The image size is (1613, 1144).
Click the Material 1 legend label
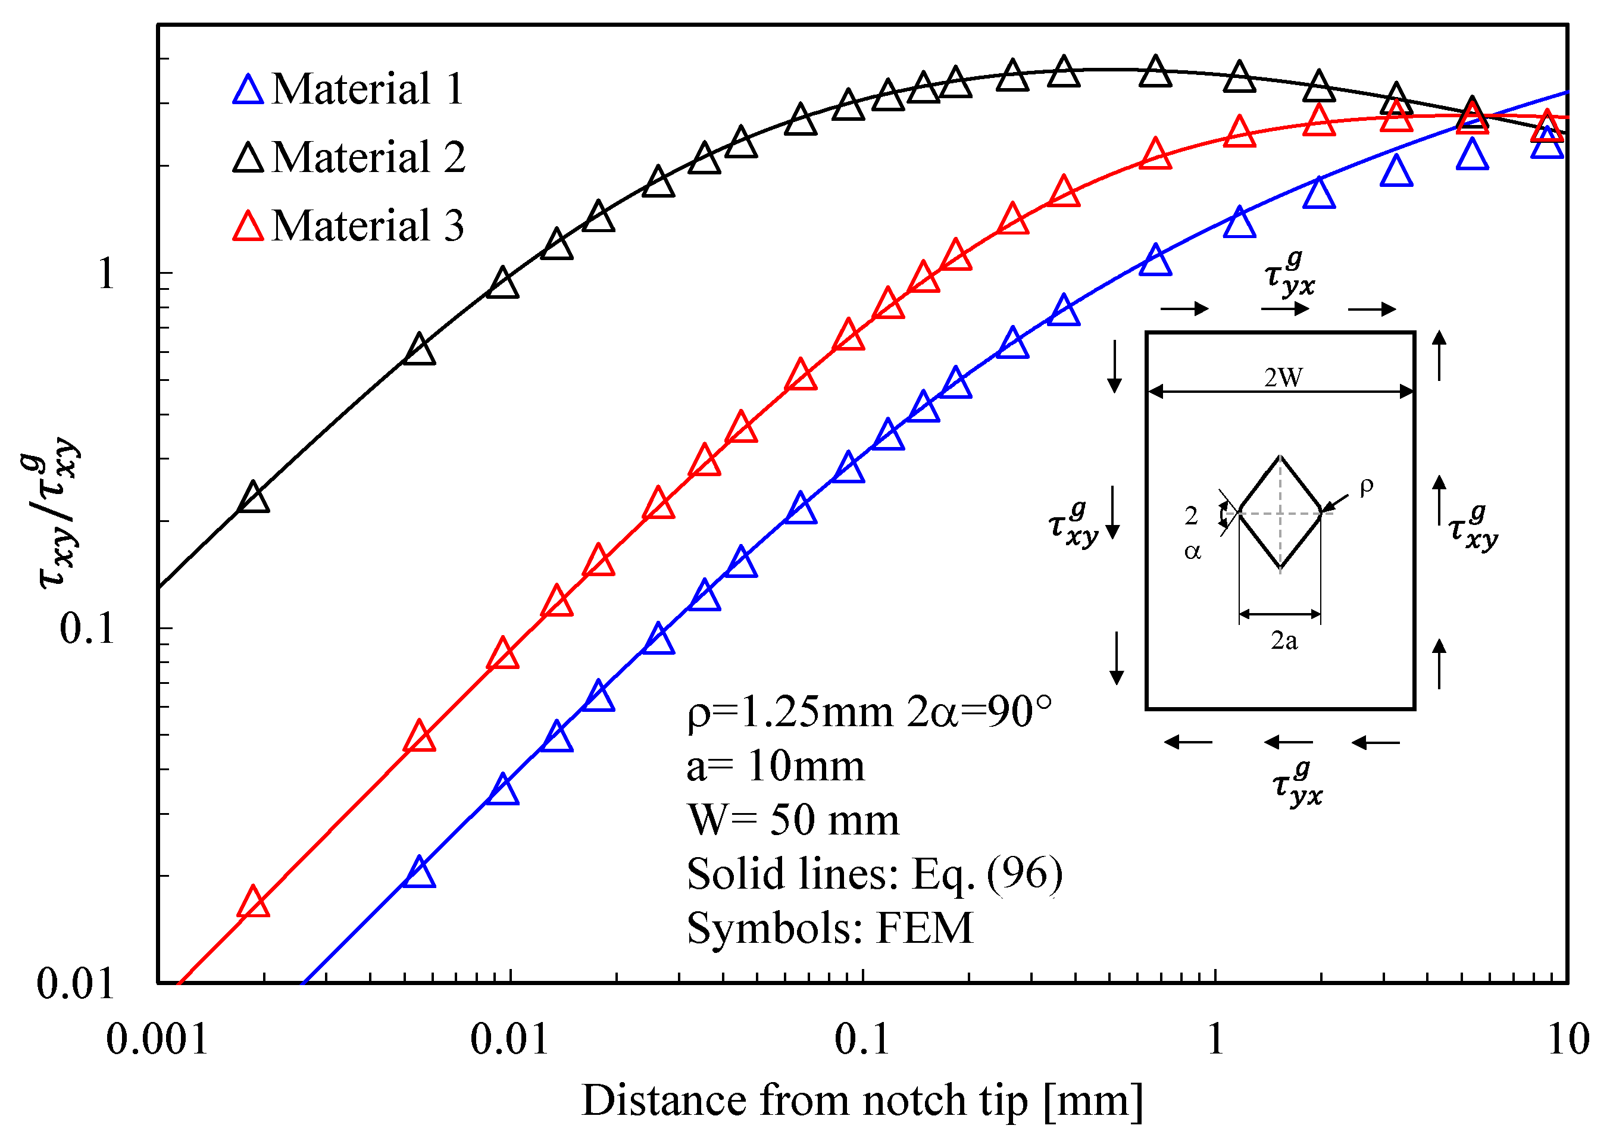[367, 89]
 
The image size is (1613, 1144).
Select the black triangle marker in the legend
[248, 158]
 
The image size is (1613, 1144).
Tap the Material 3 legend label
[367, 226]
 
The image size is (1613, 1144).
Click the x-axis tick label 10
[1568, 1040]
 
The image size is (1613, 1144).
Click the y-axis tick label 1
[106, 273]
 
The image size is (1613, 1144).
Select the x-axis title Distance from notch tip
[861, 1101]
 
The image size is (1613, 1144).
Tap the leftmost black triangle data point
[254, 499]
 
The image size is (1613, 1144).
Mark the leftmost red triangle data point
[254, 902]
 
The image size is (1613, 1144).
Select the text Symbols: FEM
[829, 929]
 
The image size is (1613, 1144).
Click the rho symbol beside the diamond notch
[1366, 486]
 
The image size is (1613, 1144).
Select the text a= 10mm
[775, 767]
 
